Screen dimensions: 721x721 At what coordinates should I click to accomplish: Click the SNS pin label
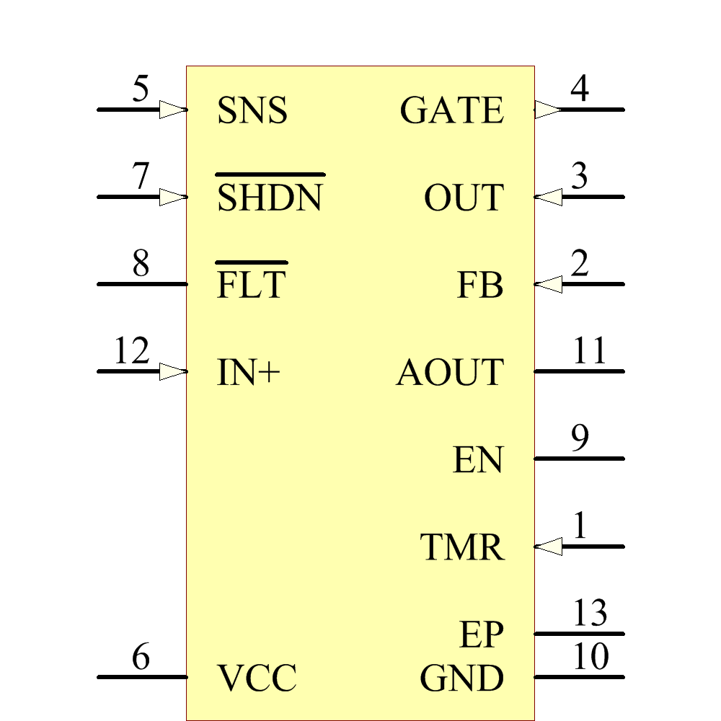click(x=252, y=111)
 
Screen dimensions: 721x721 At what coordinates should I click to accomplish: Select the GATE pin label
click(x=451, y=111)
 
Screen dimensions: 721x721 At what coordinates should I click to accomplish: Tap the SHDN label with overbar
click(x=270, y=198)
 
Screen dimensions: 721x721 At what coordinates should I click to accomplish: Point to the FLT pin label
click(x=252, y=285)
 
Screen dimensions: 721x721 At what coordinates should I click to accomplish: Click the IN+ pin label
click(x=248, y=373)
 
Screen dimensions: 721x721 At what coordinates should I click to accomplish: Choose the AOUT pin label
click(x=449, y=373)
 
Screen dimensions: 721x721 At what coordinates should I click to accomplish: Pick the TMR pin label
click(x=462, y=547)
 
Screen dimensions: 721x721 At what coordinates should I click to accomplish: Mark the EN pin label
click(x=477, y=460)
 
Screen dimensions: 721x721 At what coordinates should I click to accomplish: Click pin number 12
click(x=131, y=352)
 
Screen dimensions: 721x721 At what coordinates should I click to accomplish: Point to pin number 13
click(x=590, y=614)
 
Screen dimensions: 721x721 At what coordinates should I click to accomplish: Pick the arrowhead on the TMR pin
click(x=549, y=547)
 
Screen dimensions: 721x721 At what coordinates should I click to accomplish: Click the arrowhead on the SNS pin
click(x=173, y=110)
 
